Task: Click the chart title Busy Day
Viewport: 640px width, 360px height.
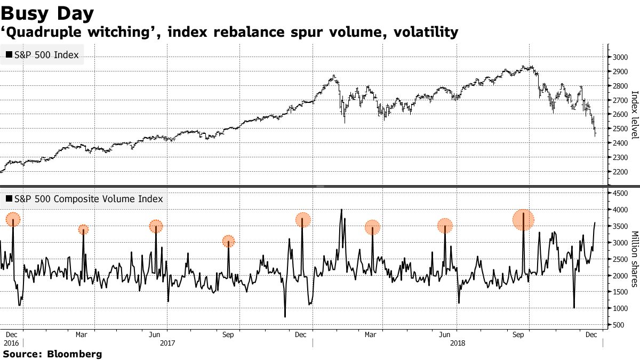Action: [49, 13]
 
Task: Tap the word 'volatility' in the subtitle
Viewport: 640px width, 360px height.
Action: [426, 33]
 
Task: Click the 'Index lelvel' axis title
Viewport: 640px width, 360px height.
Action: [634, 115]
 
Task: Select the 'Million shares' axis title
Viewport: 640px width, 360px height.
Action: [634, 259]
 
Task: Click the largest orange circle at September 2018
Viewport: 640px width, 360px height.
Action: [523, 220]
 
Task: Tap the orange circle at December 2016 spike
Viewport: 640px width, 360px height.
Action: [13, 219]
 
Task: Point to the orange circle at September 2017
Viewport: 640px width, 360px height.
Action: [228, 241]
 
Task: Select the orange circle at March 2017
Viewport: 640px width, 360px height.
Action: [83, 230]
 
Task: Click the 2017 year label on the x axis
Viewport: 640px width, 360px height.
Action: [168, 343]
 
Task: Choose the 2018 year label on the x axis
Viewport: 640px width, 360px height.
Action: [458, 343]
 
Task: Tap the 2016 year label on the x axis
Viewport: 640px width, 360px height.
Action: [11, 343]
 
